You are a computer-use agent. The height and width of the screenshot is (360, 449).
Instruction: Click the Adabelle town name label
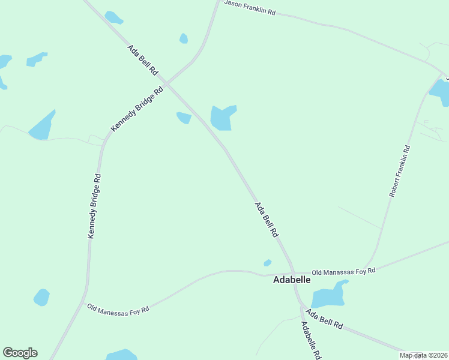(292, 280)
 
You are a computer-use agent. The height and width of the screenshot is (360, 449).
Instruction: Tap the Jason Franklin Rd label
(249, 7)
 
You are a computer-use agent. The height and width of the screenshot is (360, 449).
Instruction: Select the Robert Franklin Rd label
(400, 171)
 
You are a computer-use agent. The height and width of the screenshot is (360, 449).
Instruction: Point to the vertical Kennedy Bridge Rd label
(94, 206)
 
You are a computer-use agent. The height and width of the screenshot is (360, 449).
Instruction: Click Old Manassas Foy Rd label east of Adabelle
(343, 271)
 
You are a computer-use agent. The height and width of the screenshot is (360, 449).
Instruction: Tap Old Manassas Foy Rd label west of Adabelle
(118, 308)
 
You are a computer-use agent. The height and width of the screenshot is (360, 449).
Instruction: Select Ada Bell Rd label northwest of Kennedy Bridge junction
(142, 60)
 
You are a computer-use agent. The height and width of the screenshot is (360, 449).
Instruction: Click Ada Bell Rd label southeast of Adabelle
(324, 319)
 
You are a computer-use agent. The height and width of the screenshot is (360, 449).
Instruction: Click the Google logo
(20, 353)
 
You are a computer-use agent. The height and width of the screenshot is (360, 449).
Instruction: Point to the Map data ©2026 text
(423, 355)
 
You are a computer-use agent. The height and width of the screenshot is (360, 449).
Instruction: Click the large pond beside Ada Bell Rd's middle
(221, 118)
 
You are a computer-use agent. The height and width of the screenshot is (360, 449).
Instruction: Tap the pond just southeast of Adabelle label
(328, 296)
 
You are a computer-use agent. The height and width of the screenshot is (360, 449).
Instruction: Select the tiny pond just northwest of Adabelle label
(267, 263)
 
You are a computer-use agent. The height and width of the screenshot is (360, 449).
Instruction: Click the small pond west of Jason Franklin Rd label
(184, 38)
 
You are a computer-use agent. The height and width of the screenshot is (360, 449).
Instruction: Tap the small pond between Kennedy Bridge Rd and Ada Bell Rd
(184, 118)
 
